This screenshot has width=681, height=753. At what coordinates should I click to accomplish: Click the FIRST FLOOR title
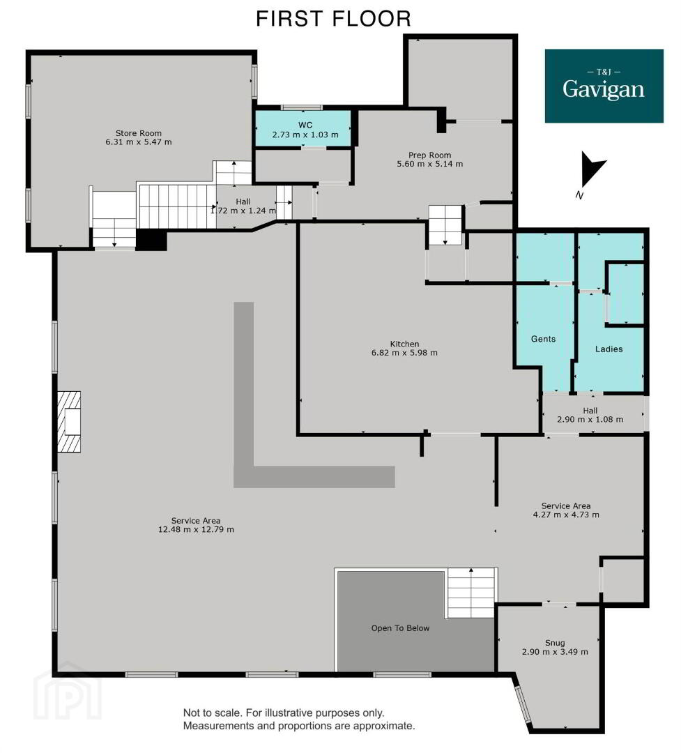tap(333, 19)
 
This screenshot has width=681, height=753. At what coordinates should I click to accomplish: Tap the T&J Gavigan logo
tap(604, 86)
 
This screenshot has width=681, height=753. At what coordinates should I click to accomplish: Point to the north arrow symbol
tap(592, 169)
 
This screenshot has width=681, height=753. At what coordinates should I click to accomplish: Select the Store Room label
tap(138, 133)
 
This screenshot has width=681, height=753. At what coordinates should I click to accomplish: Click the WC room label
tap(305, 125)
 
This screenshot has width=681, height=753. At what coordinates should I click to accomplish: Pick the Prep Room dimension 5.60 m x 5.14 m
tap(430, 164)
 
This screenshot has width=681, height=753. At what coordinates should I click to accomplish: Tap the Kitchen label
tap(404, 344)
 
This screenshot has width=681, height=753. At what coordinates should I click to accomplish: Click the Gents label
tap(543, 339)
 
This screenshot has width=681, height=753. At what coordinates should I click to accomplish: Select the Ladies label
tap(609, 349)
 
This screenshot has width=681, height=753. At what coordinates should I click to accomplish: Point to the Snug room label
tap(555, 643)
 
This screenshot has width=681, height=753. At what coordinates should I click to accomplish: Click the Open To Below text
tap(400, 628)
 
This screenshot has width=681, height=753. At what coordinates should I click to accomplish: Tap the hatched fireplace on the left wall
tap(69, 422)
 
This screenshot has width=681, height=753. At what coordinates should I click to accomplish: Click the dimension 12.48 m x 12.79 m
tap(196, 530)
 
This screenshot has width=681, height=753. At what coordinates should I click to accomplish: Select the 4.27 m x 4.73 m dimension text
tap(566, 515)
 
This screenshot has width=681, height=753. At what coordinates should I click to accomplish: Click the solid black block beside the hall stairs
tap(151, 240)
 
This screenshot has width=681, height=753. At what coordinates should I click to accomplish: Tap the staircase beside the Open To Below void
tap(471, 593)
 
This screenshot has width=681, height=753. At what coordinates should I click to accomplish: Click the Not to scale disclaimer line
tap(284, 713)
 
